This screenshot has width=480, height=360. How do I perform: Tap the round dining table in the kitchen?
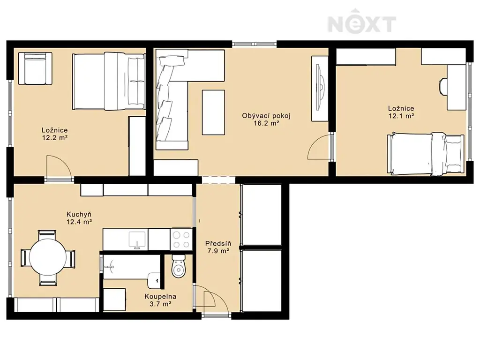[x=48, y=258]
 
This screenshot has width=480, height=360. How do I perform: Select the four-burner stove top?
[x=181, y=240]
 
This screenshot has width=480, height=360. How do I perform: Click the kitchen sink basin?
[x=137, y=240]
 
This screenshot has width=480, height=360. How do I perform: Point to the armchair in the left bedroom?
[x=35, y=68]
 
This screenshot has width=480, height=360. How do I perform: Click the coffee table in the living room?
[x=213, y=112]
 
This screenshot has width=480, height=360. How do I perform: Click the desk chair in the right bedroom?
[x=443, y=87]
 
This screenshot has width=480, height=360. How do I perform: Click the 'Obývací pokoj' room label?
[x=266, y=116]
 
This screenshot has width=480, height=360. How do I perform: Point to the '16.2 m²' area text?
[x=266, y=123]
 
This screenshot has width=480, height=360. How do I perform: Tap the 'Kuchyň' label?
[x=79, y=214]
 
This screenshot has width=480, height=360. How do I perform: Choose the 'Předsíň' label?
[x=218, y=244]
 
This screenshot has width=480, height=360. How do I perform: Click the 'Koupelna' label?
[x=160, y=297]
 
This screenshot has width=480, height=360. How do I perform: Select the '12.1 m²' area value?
[x=401, y=116]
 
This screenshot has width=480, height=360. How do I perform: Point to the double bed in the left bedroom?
[x=109, y=81]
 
